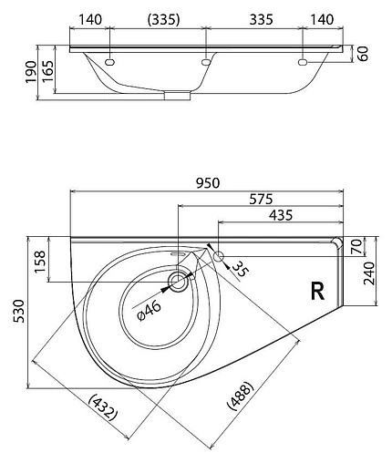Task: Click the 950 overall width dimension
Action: coord(208,183)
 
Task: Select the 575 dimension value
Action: coord(261,200)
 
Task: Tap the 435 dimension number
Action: coord(281,215)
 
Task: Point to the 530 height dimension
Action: coord(19,311)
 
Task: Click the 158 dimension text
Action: coord(40,262)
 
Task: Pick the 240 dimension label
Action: coord(369,273)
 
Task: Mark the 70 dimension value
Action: coord(356,246)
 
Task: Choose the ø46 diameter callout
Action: coord(149,310)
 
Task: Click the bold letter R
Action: coord(317,291)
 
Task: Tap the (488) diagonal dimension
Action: coord(240,396)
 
